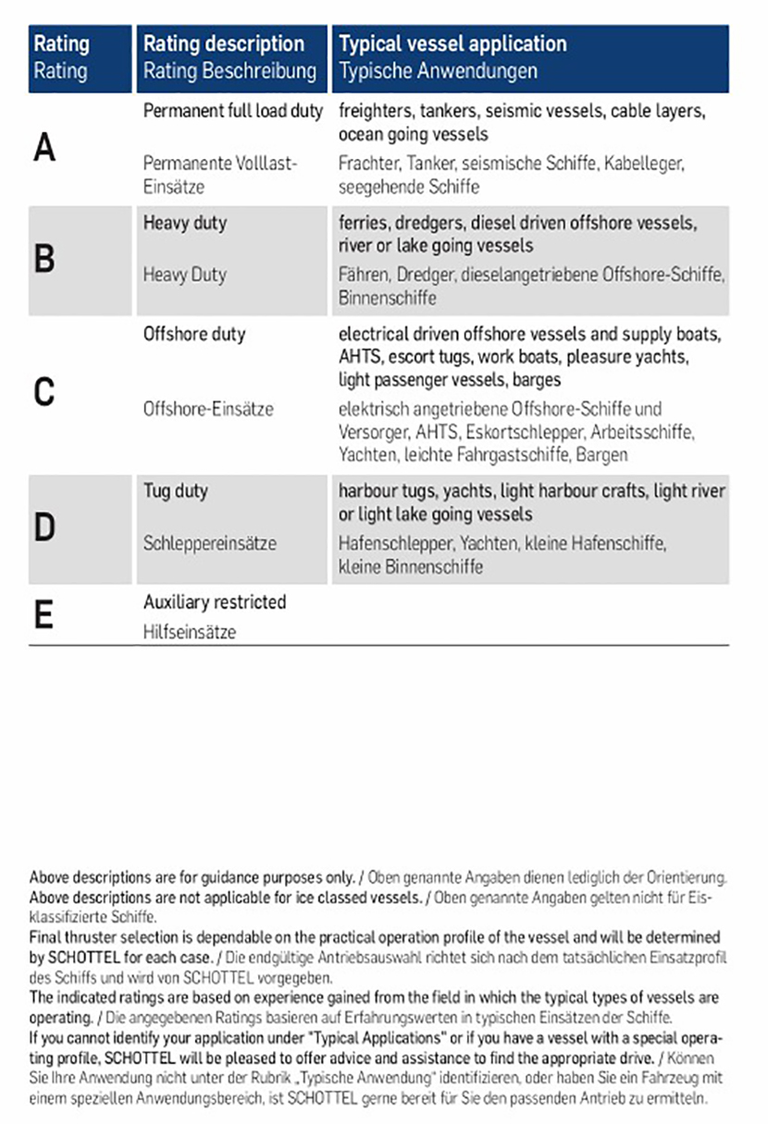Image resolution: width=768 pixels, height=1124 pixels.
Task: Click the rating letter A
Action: tap(44, 148)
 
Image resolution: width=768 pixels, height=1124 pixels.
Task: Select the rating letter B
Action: tap(43, 259)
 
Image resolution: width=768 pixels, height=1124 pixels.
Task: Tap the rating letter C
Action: tap(43, 393)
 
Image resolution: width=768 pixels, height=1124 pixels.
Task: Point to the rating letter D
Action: tap(44, 527)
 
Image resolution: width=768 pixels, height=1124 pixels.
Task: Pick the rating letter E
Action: tap(43, 615)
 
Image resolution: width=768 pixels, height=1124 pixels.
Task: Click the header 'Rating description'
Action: tap(223, 43)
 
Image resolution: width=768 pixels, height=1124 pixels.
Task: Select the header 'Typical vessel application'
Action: tap(452, 43)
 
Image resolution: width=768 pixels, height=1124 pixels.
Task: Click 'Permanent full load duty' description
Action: tap(233, 111)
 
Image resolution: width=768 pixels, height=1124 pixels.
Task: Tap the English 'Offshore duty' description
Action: tap(194, 333)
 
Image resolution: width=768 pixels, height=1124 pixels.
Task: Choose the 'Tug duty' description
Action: tap(175, 490)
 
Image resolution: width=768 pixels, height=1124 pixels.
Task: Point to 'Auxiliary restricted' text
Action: tap(215, 602)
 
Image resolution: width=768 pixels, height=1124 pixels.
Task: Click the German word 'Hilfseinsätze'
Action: tap(190, 632)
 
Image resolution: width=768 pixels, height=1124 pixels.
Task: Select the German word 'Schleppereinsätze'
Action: tap(210, 543)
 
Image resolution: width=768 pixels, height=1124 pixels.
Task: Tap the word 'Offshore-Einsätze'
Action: tap(208, 409)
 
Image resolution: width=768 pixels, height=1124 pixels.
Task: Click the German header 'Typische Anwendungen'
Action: tap(438, 70)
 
